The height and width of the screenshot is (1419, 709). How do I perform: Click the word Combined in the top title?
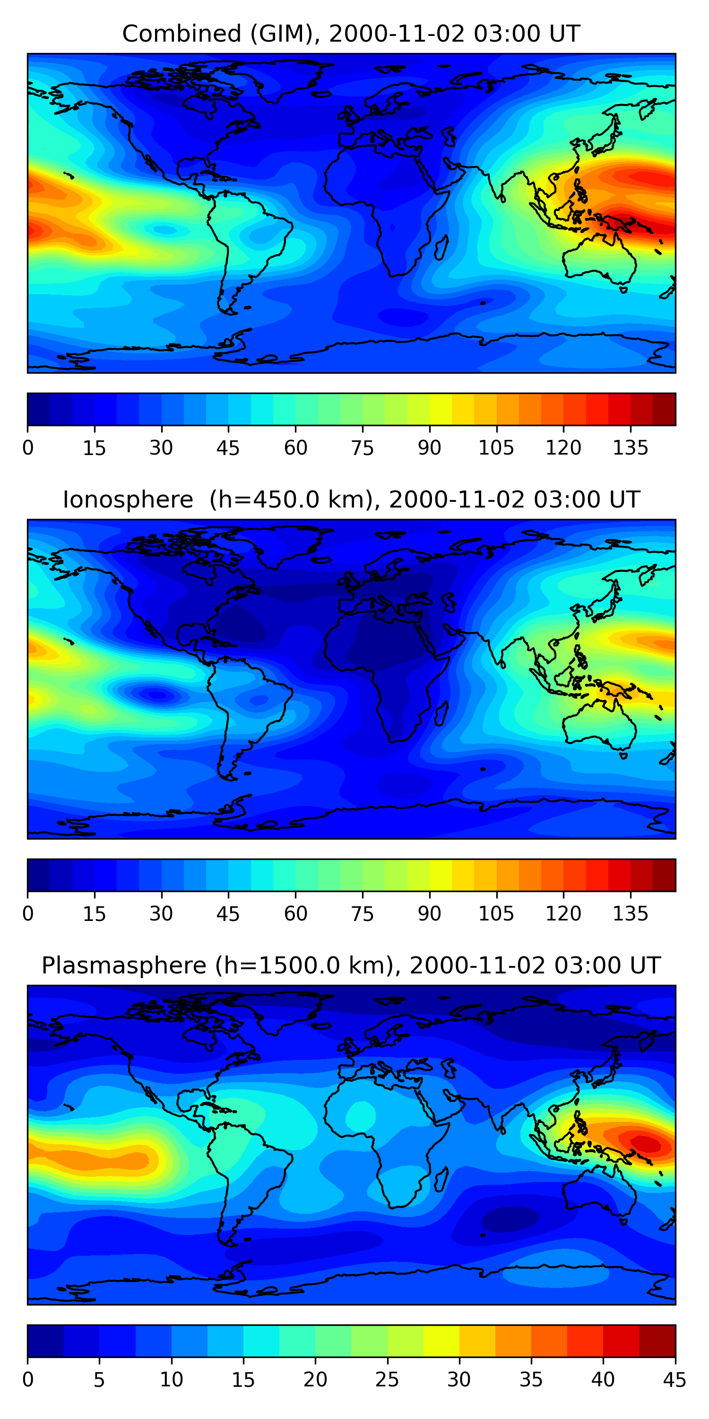(181, 34)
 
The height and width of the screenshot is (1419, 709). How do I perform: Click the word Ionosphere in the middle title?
(128, 499)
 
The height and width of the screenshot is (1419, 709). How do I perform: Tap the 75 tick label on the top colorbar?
(362, 448)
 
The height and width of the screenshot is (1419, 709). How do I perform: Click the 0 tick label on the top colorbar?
(28, 448)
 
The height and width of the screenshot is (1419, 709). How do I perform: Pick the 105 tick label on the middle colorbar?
(496, 914)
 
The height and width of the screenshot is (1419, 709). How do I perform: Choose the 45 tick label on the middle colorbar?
(228, 914)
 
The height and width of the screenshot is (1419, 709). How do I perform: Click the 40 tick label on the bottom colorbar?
(603, 1380)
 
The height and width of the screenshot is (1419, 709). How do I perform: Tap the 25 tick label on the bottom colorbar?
(387, 1380)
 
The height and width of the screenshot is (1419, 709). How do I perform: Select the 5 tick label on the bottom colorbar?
(99, 1380)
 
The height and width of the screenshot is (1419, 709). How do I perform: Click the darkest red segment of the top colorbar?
(664, 409)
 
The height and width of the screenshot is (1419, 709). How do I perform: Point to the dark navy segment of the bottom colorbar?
(45, 1341)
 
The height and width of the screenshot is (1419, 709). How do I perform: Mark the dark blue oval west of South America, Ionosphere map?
(156, 695)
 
